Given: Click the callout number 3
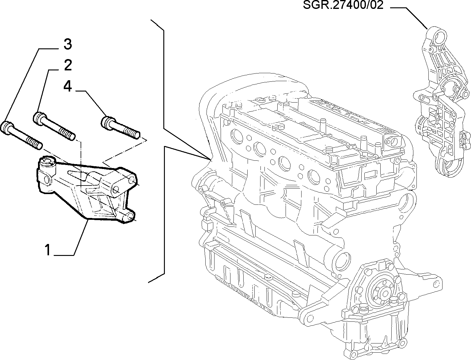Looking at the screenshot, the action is pos(68,45).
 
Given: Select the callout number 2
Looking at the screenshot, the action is pos(68,65).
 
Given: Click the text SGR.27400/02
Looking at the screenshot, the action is pos(343,5).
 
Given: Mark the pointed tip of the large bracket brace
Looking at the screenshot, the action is pos(210,159).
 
